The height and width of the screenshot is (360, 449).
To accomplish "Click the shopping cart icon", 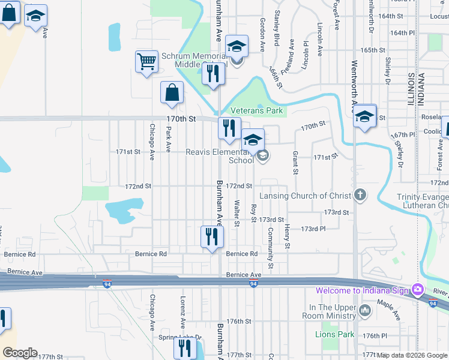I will pyautogui.click(x=146, y=62).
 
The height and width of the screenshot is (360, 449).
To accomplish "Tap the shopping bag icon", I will pyautogui.click(x=172, y=93).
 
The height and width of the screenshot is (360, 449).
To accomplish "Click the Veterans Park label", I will pyautogui.click(x=257, y=111).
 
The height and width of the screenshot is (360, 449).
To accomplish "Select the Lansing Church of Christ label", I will pyautogui.click(x=306, y=196).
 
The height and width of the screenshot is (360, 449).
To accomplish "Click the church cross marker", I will pyautogui.click(x=360, y=194).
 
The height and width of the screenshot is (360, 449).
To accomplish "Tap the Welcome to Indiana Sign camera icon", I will pyautogui.click(x=417, y=290).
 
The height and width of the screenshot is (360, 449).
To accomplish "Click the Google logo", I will pyautogui.click(x=20, y=353).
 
